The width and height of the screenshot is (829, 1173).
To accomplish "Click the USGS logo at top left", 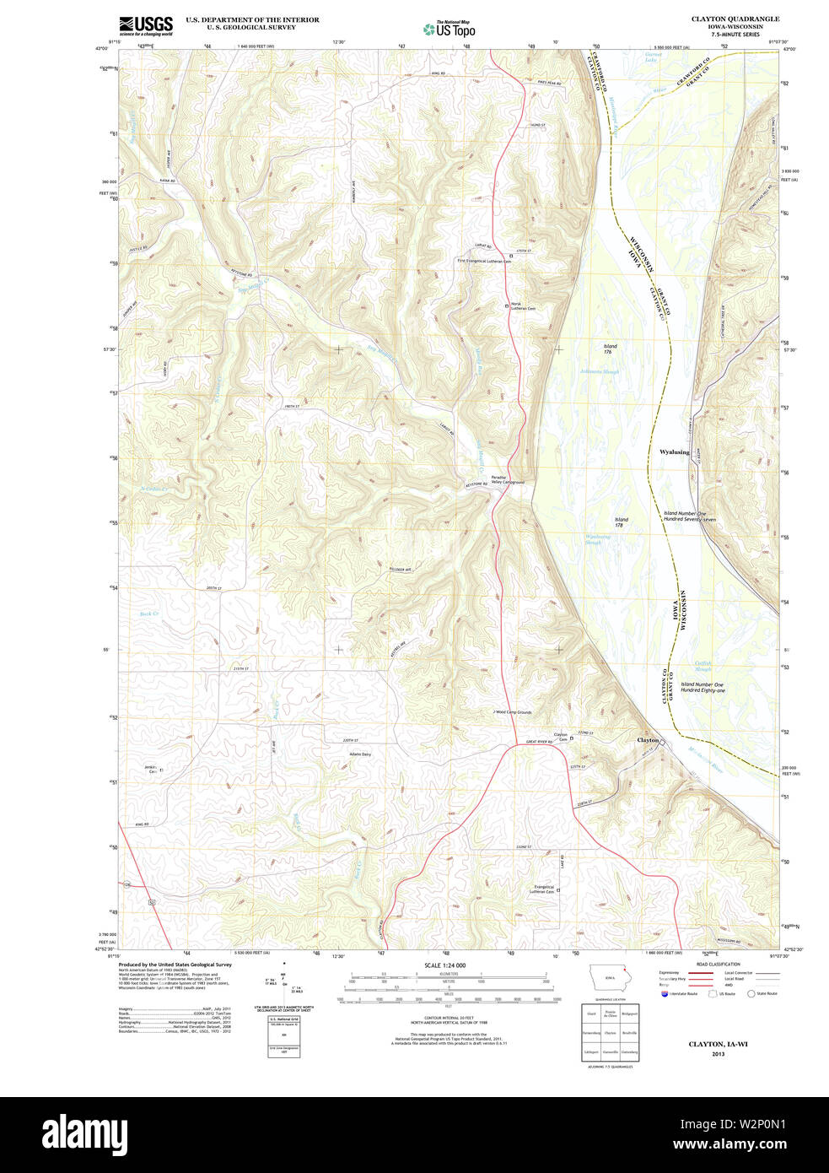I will coord(146,24).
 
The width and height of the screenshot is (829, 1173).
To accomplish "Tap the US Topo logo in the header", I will coord(449,30).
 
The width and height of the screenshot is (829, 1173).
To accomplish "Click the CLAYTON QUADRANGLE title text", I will coord(735,19).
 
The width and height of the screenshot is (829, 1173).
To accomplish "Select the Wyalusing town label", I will coord(674,452).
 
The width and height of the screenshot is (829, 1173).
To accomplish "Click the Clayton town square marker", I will coord(662,743).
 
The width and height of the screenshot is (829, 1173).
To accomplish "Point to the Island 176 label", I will coord(611,349).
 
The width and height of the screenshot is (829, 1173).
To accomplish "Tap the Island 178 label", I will coord(622,522).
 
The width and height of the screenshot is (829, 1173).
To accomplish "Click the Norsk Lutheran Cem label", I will coord(523,306).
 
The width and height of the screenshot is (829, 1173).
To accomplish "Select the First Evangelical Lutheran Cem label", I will coord(484,262).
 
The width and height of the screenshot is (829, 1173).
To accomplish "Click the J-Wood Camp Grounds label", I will coord(512,712).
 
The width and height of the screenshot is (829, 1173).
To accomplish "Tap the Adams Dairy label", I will coord(360,754).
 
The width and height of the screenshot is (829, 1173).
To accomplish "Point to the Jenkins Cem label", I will coord(151,769).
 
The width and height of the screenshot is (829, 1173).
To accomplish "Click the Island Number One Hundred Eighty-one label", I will coord(702,688).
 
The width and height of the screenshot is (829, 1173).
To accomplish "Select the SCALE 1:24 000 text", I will coord(444,965).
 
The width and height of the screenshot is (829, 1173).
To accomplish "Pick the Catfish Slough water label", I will coord(703,667).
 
